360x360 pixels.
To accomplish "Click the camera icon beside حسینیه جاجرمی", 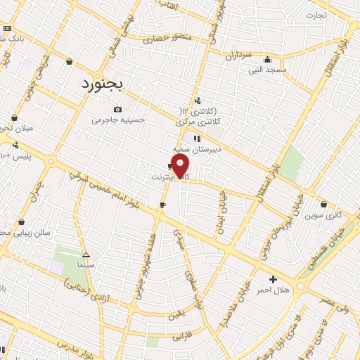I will [x=117, y=109].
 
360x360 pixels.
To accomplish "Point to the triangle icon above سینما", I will [x=86, y=255].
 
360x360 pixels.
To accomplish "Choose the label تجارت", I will [x=316, y=15].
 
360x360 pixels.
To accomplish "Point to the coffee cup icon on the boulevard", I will [x=163, y=205].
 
